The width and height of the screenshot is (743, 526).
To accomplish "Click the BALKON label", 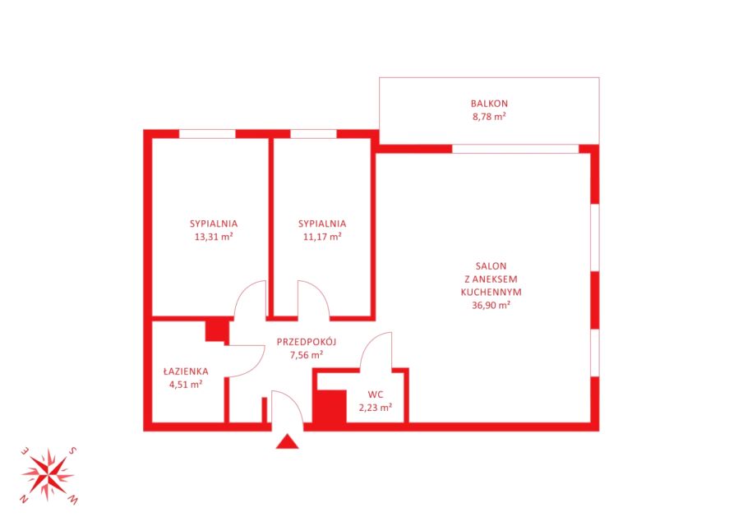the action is (x=489, y=104).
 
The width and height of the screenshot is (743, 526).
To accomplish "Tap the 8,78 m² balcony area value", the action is (x=489, y=117).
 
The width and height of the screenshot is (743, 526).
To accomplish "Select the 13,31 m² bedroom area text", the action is (x=214, y=237).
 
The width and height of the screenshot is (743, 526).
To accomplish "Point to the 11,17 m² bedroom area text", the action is (x=322, y=237).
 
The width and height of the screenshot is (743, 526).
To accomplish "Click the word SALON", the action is (x=491, y=266).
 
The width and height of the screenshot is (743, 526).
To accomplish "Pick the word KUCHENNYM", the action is (x=491, y=293).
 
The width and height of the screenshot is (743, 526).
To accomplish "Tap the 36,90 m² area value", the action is (x=491, y=306).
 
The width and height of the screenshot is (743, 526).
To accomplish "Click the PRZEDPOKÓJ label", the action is (x=307, y=342).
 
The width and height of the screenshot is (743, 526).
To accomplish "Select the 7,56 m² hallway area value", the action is (x=307, y=355).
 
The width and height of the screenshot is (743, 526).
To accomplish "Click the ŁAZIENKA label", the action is (x=186, y=371).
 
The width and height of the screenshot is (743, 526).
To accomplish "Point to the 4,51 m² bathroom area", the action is (x=186, y=385).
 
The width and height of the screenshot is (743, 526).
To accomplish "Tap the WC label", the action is (x=376, y=394).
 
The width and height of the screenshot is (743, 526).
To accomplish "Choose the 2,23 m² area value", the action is (x=376, y=408).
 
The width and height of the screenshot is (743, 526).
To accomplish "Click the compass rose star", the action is (x=48, y=474).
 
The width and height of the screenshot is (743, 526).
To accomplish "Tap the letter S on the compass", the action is (x=72, y=450).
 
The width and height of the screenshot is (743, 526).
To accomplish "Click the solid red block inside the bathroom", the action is (x=217, y=331).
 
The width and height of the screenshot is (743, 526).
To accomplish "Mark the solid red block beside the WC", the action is (x=330, y=407).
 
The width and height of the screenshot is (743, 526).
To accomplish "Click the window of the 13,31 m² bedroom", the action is (x=207, y=134).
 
